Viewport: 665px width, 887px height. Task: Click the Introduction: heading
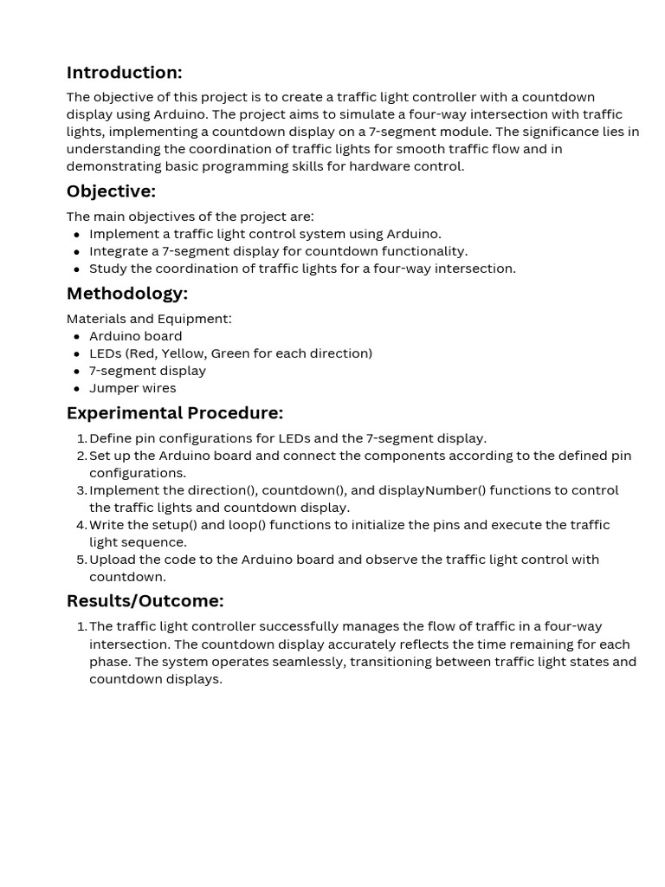coord(124,73)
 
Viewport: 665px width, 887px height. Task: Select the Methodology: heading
coord(126,294)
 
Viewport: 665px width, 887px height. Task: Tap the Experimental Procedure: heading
coord(174,413)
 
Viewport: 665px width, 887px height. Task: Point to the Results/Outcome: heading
coord(145,601)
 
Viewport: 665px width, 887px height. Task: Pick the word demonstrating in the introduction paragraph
coord(107,166)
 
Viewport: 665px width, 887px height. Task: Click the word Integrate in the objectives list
coord(119,251)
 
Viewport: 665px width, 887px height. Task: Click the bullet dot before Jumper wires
coord(77,388)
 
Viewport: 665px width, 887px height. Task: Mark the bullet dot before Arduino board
coord(77,336)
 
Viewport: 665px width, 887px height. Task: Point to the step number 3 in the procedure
coord(82,490)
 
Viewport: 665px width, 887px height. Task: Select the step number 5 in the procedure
coord(82,560)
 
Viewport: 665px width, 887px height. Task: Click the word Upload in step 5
coord(112,560)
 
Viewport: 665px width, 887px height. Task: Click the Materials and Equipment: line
coord(149,319)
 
